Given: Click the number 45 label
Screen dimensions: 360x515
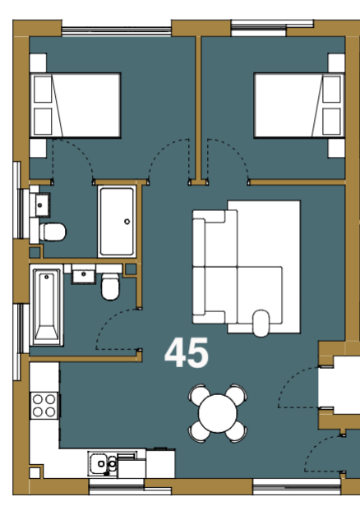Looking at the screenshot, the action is click(187, 352).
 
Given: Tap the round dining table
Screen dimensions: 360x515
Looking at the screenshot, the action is click(217, 413).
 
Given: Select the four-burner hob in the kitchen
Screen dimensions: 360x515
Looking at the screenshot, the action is click(44, 405).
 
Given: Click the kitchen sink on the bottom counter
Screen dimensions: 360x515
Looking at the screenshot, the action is click(103, 463).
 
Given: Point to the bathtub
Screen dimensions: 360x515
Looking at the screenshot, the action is click(46, 306).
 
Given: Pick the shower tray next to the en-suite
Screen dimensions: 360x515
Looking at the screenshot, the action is click(117, 222).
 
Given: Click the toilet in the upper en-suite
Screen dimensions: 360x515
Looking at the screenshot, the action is click(53, 232).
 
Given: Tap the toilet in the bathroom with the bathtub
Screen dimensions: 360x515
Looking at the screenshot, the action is click(110, 287).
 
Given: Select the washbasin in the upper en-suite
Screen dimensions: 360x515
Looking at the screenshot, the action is click(43, 205).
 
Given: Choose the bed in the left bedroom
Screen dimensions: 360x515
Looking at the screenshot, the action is click(76, 105).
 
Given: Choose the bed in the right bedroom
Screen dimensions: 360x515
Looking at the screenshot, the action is click(299, 105).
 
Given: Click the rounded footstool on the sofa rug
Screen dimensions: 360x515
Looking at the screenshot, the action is click(261, 323).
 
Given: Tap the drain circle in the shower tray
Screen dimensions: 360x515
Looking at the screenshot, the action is click(127, 222).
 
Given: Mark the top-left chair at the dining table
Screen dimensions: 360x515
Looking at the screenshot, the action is click(199, 394).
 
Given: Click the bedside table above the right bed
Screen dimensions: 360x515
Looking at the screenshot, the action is click(336, 62).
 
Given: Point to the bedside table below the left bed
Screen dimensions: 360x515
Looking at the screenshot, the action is click(38, 148).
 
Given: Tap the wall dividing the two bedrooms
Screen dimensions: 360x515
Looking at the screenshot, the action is click(198, 108).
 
